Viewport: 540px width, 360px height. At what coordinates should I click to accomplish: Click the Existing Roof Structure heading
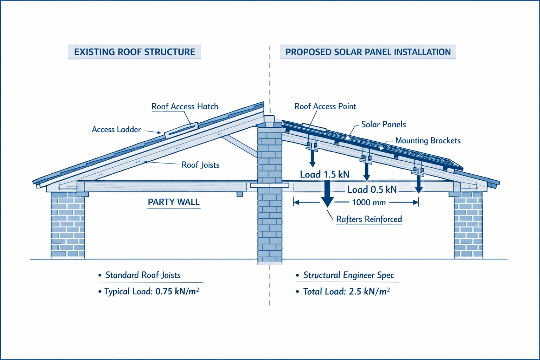[134, 52]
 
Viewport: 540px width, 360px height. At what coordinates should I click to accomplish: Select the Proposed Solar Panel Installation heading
[368, 52]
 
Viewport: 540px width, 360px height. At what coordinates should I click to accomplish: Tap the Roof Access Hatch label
[185, 107]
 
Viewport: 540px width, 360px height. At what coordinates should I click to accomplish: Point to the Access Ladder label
[116, 129]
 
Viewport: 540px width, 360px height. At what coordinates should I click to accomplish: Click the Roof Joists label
[200, 165]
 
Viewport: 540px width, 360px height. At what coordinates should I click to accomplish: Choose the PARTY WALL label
[174, 202]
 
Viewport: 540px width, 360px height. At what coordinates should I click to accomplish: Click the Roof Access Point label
[325, 107]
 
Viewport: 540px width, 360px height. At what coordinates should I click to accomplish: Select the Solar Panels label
[383, 124]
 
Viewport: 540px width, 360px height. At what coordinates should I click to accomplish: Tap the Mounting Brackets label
[427, 141]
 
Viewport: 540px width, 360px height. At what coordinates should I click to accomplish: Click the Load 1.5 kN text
[324, 174]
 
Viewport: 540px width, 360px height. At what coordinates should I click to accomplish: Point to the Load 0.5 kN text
[372, 190]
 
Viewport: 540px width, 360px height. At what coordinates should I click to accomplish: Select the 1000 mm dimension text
[369, 202]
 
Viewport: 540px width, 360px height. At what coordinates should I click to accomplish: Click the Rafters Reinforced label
[369, 219]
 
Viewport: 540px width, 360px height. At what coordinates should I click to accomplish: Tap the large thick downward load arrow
[327, 193]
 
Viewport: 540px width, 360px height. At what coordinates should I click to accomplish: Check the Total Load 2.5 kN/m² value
[369, 291]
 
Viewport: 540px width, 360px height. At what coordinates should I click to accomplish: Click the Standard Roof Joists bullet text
[143, 275]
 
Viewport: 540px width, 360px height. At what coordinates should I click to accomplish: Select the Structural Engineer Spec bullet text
[348, 275]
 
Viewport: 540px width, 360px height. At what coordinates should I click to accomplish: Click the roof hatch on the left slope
[181, 129]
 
